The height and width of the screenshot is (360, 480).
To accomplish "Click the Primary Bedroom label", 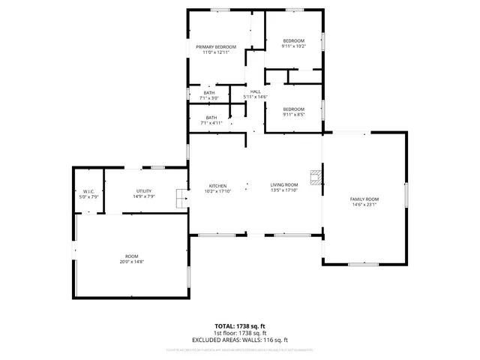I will pos(216,46).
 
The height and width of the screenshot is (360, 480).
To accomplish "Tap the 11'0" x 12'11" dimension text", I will pos(216,52).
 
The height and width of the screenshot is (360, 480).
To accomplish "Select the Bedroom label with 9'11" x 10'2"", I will pos(293,40).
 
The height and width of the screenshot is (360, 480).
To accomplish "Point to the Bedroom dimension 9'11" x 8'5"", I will pos(293,115).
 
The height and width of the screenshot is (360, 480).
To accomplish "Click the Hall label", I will pos(256,91).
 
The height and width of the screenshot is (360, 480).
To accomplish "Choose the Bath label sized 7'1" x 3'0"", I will pos(208,93).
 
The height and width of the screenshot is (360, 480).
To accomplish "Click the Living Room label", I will pos(284,184).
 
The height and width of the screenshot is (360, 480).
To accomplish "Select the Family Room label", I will pos(364,199).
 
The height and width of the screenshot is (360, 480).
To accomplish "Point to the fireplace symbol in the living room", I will pos(318,178).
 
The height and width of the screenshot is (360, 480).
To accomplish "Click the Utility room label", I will pos(144,191).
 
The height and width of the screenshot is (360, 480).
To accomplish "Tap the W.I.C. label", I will pos(88,191).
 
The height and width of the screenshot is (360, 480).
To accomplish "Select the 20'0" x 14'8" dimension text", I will pos(132,262).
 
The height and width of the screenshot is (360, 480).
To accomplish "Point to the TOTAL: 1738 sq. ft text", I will pos(239,326).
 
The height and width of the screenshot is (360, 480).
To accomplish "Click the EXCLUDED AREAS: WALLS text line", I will pos(239,340).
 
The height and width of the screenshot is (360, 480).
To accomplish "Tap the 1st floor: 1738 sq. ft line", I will pos(239,333).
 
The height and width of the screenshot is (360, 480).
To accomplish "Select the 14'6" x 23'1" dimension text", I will pos(364,205).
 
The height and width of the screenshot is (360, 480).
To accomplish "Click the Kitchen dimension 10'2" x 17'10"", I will pos(218,190).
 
